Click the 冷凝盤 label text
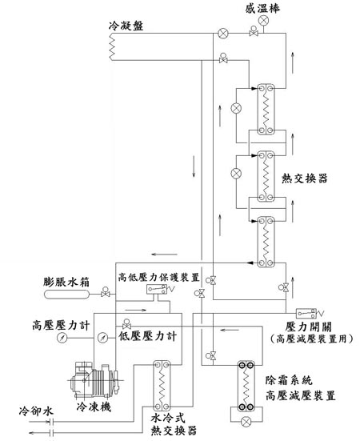pos(126,26)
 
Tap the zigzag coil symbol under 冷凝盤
pos(112,46)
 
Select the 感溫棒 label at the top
pos(262,8)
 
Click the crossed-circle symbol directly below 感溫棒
pos(264,20)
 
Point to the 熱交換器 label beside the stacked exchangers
pos(304,178)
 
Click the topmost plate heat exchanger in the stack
pos(266,110)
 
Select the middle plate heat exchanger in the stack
pos(266,176)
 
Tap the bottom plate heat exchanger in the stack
pos(266,242)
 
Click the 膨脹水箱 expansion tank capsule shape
pos(66,295)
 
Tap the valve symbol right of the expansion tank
pos(106,292)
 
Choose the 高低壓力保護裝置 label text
pos(158,277)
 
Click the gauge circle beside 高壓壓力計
pos(62,338)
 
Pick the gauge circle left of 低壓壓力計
pos(103,338)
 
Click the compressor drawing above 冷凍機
pos(95,380)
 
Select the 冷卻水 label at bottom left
pos(36,411)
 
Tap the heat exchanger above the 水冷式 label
pos(162,385)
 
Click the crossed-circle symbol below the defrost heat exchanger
pos(246,422)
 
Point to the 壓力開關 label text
pos(308,327)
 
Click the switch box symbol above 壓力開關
pos(306,313)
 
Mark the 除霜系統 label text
pos(289,380)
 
